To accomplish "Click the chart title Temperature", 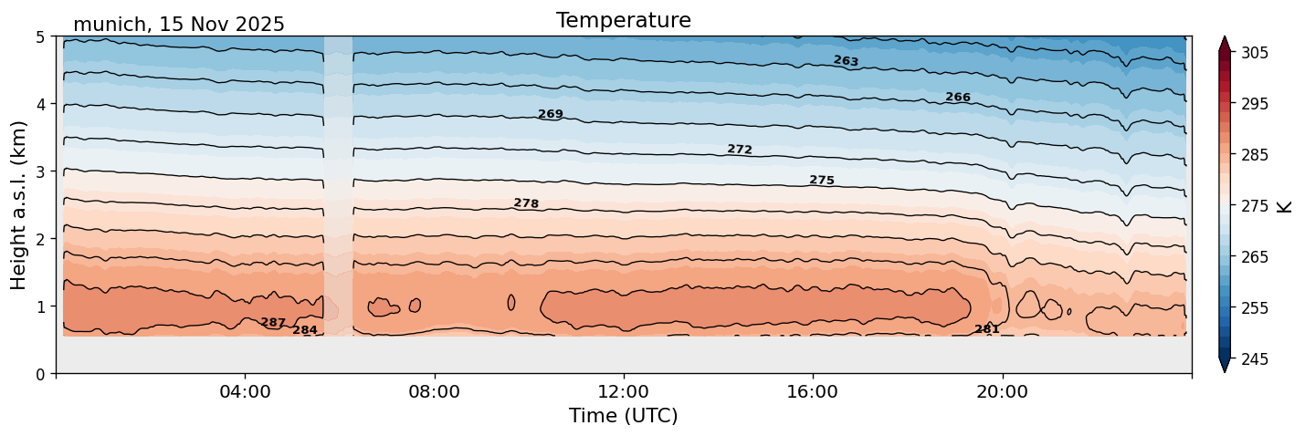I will [623, 20].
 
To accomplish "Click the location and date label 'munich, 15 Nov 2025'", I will [179, 25].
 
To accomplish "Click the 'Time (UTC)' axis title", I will [623, 416].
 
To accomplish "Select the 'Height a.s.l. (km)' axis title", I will [19, 204].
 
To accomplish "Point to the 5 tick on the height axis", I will [41, 36].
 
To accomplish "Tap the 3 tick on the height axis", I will [41, 171].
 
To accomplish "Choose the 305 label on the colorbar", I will [1253, 53].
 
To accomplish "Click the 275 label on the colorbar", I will [1253, 206].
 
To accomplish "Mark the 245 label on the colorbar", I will [1253, 359].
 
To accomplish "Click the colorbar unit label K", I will [1286, 206].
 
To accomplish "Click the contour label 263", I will [846, 61].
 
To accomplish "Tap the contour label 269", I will [551, 115].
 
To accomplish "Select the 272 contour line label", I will [740, 150].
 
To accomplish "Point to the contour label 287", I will [273, 323].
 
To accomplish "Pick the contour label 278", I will [526, 203].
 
